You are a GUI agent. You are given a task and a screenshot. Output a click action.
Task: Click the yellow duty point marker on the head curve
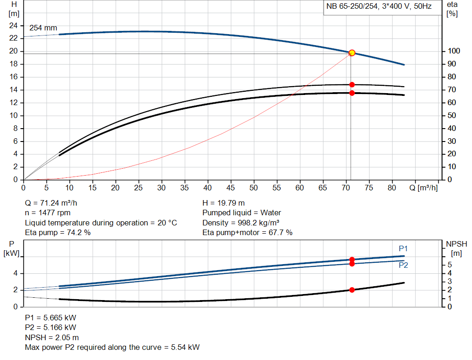[352, 53]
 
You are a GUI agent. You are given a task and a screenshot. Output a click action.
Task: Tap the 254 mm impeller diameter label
[43, 28]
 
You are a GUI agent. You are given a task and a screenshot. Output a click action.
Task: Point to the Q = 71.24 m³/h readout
[54, 203]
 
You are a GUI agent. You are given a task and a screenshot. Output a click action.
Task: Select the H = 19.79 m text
[224, 203]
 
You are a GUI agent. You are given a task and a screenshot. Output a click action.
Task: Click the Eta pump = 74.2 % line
[58, 233]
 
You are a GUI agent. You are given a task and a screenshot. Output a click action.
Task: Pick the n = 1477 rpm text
[48, 213]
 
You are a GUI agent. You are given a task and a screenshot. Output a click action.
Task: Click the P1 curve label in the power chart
[403, 249]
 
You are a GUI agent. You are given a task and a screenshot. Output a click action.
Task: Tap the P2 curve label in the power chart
[403, 266]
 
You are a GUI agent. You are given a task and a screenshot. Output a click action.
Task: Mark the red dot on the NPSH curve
[352, 290]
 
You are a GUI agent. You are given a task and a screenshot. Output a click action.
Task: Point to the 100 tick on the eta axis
[453, 51]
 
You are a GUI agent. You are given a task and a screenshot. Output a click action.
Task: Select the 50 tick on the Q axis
[254, 188]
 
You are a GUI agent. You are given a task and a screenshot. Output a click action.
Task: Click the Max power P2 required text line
[112, 347]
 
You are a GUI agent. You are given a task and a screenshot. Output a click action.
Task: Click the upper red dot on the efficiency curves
[352, 85]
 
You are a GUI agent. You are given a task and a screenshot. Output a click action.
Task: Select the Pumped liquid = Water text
[242, 213]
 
